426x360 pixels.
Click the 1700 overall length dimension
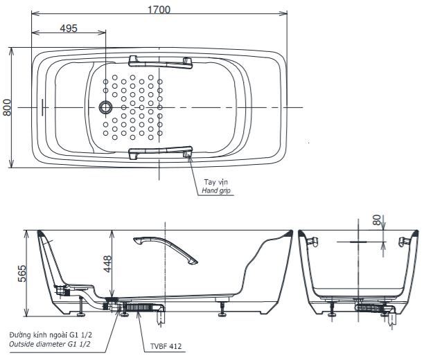[x=159, y=9]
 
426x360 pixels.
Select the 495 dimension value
[x=68, y=28]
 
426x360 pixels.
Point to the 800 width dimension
[x=7, y=107]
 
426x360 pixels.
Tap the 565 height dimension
[x=21, y=271]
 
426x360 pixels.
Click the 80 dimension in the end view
[x=377, y=221]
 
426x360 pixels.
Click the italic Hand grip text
[x=216, y=190]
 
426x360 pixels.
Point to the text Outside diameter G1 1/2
[x=50, y=343]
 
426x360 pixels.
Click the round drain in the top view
[x=106, y=107]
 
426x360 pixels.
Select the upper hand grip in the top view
[x=160, y=62]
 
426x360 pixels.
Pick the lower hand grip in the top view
[x=160, y=151]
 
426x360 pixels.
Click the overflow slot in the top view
[x=43, y=107]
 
